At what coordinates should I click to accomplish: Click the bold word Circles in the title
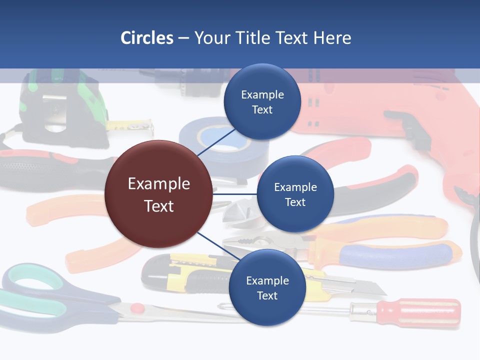(x=147, y=38)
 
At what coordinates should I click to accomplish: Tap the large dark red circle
(x=158, y=194)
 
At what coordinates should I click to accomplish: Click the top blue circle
(x=262, y=102)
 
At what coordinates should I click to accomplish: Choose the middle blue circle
(x=295, y=194)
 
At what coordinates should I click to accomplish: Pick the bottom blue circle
(x=267, y=287)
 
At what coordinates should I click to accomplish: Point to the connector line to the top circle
(x=216, y=142)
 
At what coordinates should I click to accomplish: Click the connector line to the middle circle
(x=235, y=193)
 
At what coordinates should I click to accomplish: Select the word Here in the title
(x=332, y=38)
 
